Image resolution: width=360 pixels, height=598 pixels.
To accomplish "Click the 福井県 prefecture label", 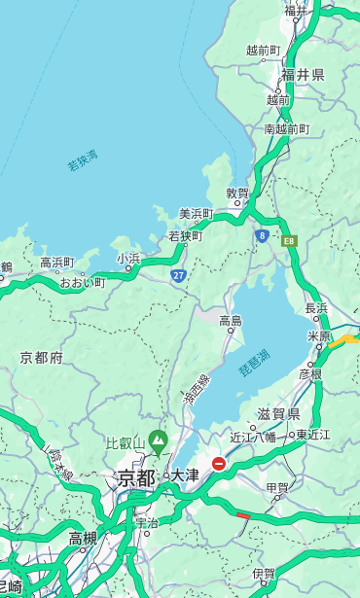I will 303,75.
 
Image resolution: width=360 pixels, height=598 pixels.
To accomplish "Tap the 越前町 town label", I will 263,50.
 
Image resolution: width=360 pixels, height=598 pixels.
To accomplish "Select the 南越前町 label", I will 286,128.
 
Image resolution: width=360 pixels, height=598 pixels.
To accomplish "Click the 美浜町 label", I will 196,213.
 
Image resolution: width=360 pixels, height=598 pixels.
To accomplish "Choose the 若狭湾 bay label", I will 82,161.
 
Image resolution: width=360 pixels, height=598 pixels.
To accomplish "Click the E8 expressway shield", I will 289,239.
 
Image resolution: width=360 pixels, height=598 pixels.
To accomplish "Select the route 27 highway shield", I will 179,276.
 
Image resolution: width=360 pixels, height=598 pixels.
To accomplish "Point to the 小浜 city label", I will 128,258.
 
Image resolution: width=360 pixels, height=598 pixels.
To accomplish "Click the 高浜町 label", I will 56,263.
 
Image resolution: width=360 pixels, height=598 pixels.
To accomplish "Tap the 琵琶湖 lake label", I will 255,362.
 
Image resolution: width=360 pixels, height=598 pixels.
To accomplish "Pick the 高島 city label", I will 231,321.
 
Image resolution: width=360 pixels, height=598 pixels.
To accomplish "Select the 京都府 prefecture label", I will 42,358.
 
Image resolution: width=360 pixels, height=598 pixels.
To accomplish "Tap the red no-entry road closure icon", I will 219,465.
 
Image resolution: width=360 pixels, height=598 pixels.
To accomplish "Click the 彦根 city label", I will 309,373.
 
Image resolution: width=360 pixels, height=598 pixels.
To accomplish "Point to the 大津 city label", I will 184,475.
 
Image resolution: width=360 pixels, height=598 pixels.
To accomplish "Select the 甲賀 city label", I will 276,488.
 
